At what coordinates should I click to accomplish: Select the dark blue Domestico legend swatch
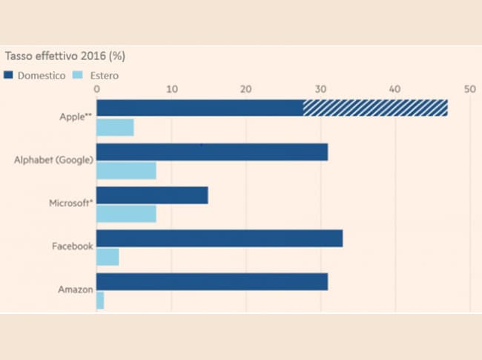pyautogui.click(x=9, y=75)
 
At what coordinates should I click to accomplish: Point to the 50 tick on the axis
pyautogui.click(x=469, y=89)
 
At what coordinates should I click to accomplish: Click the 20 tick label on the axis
pyautogui.click(x=245, y=89)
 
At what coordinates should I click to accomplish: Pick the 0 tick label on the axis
pyautogui.click(x=96, y=89)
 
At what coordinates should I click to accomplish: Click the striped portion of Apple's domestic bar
pyautogui.click(x=375, y=108)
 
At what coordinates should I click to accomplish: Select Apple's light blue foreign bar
pyautogui.click(x=115, y=127)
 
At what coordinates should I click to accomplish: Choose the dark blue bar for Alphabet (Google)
pyautogui.click(x=212, y=152)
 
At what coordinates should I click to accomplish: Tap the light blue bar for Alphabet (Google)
pyautogui.click(x=126, y=171)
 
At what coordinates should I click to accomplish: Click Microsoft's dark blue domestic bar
pyautogui.click(x=152, y=195)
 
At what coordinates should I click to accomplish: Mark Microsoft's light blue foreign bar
pyautogui.click(x=126, y=214)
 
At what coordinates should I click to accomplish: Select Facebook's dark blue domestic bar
pyautogui.click(x=219, y=238)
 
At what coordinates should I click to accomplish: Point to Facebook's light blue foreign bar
pyautogui.click(x=108, y=257)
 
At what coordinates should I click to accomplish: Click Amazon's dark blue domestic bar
pyautogui.click(x=212, y=282)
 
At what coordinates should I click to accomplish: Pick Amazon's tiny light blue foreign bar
pyautogui.click(x=100, y=301)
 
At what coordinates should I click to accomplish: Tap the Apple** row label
pyautogui.click(x=75, y=117)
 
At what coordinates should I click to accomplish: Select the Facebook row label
pyautogui.click(x=73, y=246)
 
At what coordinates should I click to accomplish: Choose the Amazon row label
pyautogui.click(x=75, y=289)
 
